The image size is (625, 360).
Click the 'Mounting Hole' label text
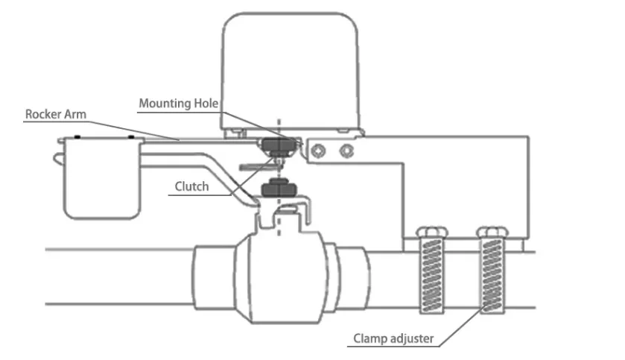(x=178, y=103)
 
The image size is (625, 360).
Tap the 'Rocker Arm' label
(x=55, y=114)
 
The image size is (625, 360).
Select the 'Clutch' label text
(x=191, y=186)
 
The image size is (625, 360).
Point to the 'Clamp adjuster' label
(x=393, y=339)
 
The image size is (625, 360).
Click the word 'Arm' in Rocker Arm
(x=75, y=114)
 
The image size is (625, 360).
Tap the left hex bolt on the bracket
(x=319, y=151)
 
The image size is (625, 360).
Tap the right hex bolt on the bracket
(x=346, y=151)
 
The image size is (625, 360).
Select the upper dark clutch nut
(x=276, y=145)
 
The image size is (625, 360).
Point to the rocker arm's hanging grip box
(x=101, y=179)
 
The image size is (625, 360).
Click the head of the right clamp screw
(x=491, y=230)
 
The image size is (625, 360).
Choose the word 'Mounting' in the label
(x=165, y=103)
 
